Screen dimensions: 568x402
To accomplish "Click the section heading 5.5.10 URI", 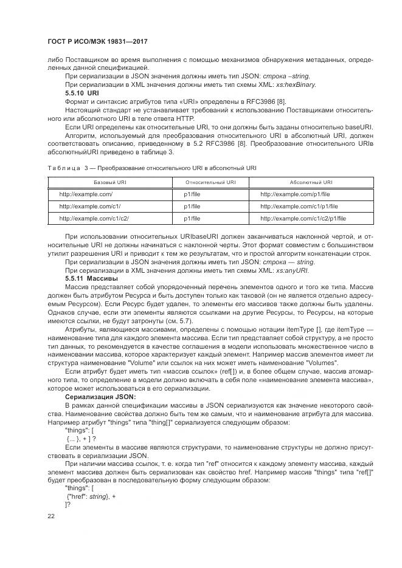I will (81, 94).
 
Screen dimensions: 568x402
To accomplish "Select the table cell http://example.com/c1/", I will (89, 205).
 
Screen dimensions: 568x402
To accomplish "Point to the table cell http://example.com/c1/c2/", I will (94, 217).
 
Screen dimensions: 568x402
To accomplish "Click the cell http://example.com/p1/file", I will (295, 194).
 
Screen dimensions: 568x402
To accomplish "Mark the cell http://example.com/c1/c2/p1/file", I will (303, 217).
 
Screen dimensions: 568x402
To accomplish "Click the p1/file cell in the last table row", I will (192, 217).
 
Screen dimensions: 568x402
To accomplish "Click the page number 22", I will (50, 516).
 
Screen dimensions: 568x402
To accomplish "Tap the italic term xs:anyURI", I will (293, 270).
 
